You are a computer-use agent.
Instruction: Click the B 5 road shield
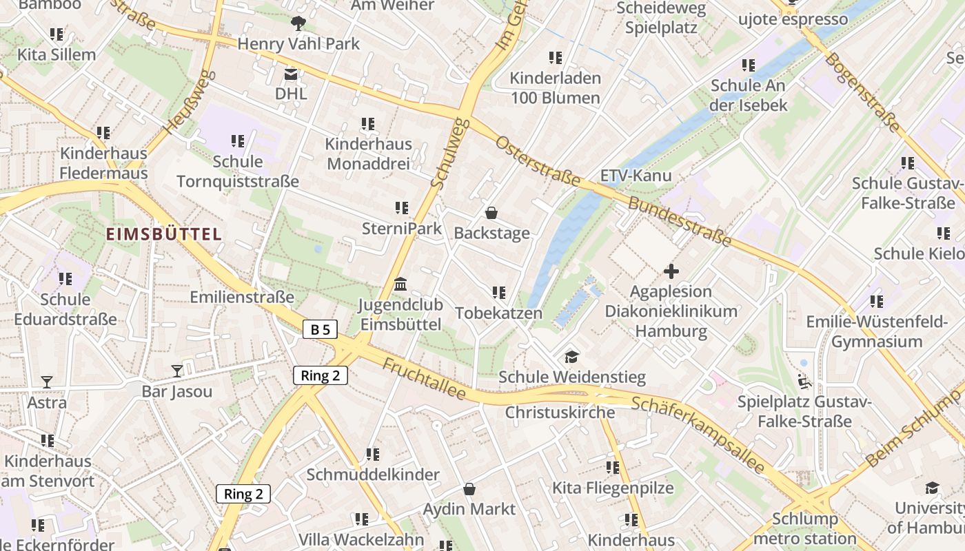[x=320, y=329]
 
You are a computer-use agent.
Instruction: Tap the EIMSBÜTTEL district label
[x=164, y=234]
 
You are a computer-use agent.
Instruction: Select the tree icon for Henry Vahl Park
[x=298, y=24]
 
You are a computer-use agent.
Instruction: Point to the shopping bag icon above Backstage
[x=491, y=213]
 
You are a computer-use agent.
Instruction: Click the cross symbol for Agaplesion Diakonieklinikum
[x=671, y=271]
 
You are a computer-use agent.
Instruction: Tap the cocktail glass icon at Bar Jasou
[x=177, y=371]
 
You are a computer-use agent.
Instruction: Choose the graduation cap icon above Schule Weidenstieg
[x=571, y=357]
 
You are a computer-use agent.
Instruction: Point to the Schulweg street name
[x=449, y=153]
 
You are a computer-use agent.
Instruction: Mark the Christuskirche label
[x=560, y=413]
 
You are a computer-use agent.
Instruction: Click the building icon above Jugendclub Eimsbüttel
[x=400, y=284]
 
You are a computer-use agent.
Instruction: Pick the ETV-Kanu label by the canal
[x=636, y=176]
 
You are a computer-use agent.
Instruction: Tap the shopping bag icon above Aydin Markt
[x=469, y=489]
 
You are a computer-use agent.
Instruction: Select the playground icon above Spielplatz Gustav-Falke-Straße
[x=804, y=380]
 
